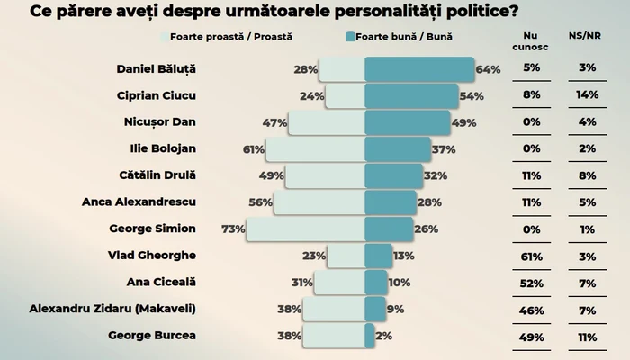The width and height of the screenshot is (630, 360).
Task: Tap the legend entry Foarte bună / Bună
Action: point(409,37)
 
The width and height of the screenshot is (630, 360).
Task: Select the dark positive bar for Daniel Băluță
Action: point(418,69)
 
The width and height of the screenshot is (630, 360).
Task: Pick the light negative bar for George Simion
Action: point(305,229)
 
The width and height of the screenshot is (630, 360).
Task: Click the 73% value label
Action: point(234,229)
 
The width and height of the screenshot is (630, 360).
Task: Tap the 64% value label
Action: point(488,69)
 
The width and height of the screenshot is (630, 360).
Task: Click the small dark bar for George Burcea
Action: point(369,337)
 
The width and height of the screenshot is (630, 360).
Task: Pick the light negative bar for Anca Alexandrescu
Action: point(319,202)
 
